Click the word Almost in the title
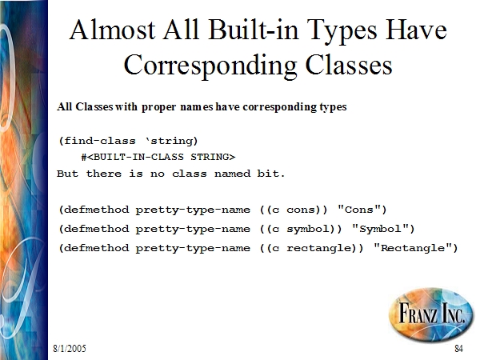112,30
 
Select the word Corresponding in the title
210,66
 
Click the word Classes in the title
349,65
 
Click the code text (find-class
98,141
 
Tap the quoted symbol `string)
172,141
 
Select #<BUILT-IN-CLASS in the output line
132,157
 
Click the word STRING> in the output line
213,157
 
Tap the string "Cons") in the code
362,210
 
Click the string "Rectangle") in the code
415,248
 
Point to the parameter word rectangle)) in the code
325,248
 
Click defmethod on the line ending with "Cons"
94,210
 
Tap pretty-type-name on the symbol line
193,230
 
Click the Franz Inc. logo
431,313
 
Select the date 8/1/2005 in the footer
70,348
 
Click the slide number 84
458,348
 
